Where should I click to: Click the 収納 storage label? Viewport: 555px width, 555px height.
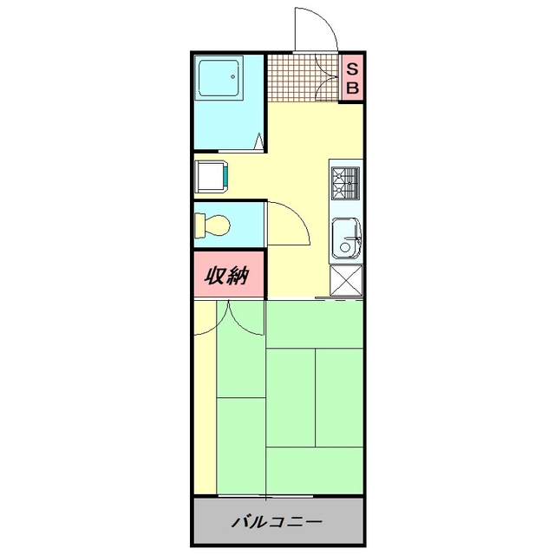227,276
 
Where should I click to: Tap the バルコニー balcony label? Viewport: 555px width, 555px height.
277,523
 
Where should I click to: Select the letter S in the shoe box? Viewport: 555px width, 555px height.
352,68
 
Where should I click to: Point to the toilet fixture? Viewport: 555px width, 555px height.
213,224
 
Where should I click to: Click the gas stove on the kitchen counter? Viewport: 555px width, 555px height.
345,181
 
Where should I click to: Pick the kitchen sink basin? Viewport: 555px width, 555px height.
347,238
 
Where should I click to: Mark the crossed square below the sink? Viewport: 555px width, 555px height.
346,281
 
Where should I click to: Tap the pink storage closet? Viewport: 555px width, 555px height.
227,276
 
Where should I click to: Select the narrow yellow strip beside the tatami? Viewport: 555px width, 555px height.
203,399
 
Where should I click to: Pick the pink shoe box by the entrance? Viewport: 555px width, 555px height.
352,77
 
